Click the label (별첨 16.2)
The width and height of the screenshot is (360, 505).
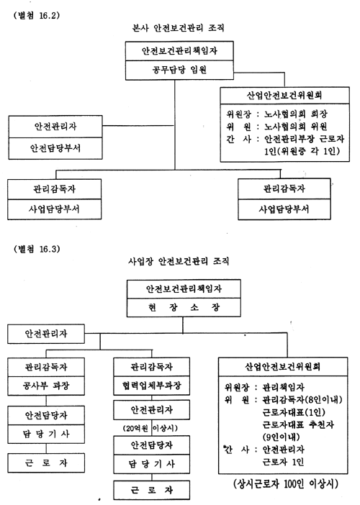point(37,15)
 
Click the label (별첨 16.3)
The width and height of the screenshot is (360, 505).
point(37,249)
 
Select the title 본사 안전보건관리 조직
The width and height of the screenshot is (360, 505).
point(179,28)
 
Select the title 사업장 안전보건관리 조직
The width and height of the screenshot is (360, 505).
point(179,260)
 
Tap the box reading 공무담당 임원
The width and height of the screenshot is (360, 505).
point(179,70)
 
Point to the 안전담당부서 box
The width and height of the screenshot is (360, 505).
point(55,148)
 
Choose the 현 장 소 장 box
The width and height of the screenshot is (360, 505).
point(184,307)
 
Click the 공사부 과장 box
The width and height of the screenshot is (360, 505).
point(46,386)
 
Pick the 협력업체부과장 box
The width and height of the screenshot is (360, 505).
point(151,386)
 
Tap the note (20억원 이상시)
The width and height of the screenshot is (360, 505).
point(150,428)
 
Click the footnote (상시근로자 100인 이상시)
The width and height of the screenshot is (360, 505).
point(286,483)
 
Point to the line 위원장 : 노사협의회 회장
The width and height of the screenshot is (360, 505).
point(276,114)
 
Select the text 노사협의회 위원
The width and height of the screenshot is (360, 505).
point(296,127)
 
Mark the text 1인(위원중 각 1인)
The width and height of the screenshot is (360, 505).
point(302,151)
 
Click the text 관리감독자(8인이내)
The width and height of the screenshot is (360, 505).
point(302,399)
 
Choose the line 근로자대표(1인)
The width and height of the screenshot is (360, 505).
point(294,412)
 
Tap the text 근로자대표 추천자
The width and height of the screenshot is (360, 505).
point(298,424)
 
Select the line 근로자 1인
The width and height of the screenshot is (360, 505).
point(283,462)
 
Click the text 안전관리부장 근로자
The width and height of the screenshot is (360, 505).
point(305,139)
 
